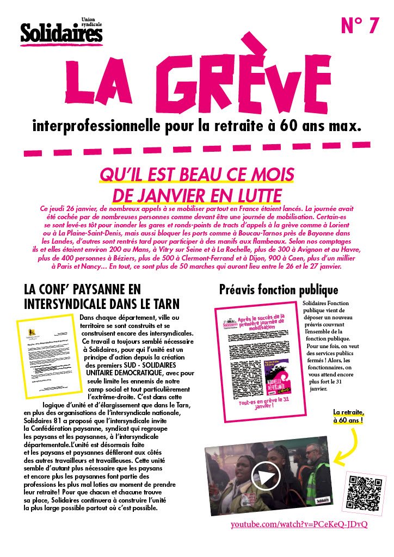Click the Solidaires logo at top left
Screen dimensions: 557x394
(61, 33)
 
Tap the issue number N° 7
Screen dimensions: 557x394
(359, 26)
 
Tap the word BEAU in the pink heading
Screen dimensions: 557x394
(202, 175)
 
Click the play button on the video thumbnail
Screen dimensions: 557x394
(266, 477)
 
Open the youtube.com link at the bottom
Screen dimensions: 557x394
(299, 524)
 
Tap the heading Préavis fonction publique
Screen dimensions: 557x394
(278, 290)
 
